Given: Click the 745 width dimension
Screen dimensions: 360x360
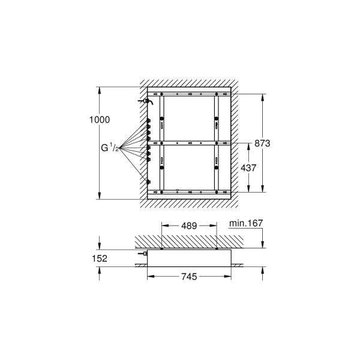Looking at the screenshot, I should click(x=190, y=277).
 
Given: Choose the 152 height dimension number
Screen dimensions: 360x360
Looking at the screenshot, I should click(x=100, y=259).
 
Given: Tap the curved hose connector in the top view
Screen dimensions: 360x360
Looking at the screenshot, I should click(x=146, y=103).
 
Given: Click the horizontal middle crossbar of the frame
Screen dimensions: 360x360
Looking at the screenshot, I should click(x=190, y=143).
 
